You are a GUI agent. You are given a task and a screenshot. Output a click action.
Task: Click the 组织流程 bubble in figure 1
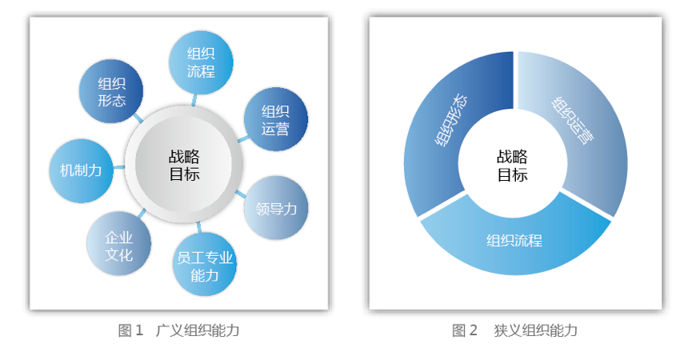point(202,62)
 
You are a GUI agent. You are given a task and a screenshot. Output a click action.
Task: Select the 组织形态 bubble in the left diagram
point(112,91)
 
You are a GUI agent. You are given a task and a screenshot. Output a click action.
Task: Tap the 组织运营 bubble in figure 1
point(275,119)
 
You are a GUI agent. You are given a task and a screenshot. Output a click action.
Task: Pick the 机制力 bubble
point(81,170)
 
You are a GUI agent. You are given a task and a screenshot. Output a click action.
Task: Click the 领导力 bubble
point(276,208)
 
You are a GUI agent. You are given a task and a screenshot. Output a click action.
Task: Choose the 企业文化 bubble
point(118,246)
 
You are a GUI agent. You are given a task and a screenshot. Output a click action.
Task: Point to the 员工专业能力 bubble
point(205,266)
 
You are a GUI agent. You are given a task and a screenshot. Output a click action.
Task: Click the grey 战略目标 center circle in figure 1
point(184,164)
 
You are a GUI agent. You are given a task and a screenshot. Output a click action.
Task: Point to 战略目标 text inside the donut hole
point(513,166)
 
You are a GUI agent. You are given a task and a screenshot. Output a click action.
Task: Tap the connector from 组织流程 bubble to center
point(194,99)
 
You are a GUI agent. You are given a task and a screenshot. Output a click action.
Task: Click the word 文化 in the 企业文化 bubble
point(118,255)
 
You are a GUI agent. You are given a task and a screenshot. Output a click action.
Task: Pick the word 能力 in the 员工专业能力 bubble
point(205,275)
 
